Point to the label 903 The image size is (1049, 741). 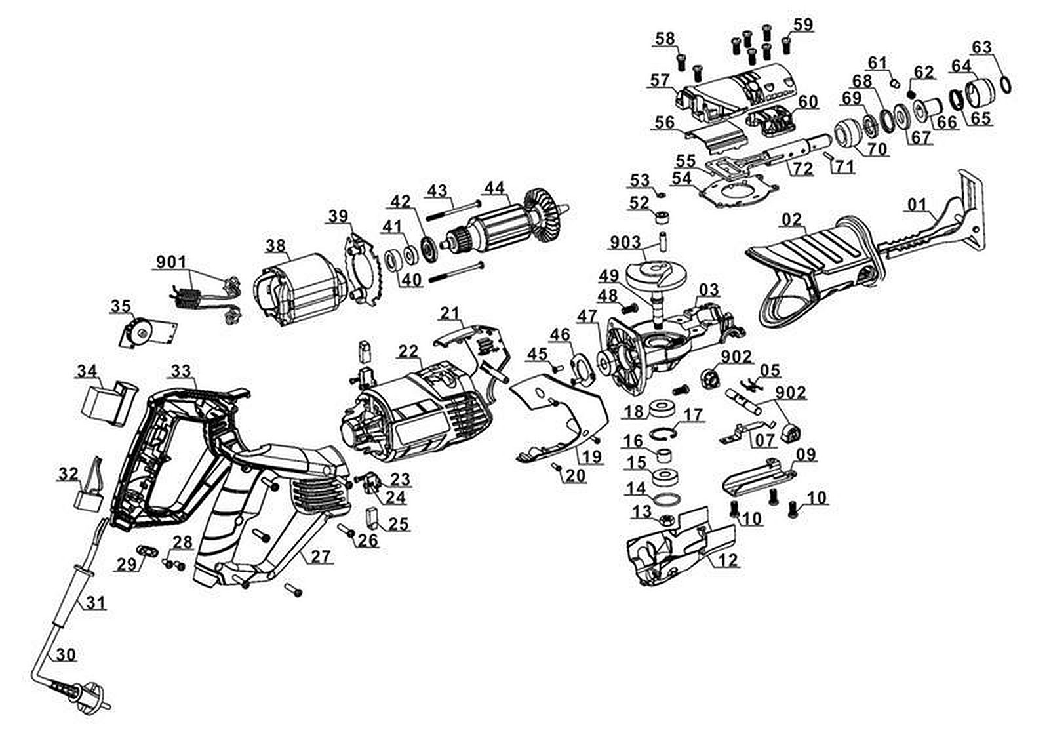(625, 243)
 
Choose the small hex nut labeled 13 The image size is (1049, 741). (663, 521)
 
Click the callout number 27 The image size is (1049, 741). (322, 557)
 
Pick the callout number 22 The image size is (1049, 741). (408, 351)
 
